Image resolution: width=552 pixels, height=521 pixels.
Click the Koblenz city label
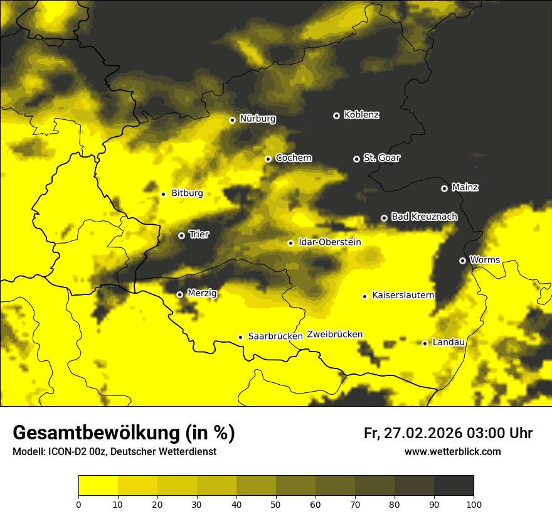[362, 115]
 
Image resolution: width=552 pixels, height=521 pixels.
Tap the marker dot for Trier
[181, 235]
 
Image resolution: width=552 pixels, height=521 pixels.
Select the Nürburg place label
[257, 119]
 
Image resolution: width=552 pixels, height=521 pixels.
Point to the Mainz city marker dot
[444, 188]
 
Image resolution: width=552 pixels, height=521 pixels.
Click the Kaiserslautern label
[403, 295]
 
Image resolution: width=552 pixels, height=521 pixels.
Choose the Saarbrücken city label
[275, 336]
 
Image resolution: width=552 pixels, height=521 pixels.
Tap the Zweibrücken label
[335, 335]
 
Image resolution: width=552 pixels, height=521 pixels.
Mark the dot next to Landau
[425, 343]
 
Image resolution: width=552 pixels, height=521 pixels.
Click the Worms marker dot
[462, 260]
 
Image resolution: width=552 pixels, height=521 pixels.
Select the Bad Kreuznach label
[424, 217]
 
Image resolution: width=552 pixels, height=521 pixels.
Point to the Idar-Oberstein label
[330, 242]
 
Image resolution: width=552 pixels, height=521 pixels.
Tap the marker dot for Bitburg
[163, 194]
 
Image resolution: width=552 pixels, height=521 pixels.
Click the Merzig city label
[202, 293]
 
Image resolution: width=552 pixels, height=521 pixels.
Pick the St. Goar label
[381, 158]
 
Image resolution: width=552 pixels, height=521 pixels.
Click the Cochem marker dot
[268, 159]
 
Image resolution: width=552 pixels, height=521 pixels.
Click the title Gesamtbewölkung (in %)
[124, 433]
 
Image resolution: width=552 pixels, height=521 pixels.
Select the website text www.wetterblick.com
[452, 452]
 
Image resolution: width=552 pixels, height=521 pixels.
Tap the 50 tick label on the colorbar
[276, 504]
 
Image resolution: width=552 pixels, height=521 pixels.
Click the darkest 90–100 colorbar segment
[454, 486]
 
